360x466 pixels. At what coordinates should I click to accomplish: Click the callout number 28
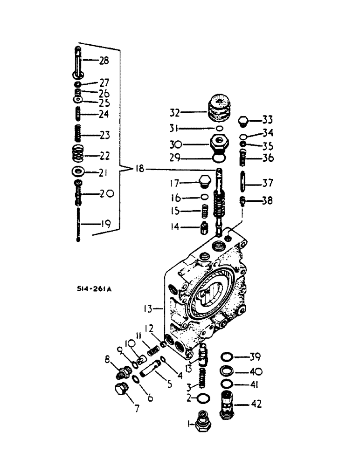tap(104, 61)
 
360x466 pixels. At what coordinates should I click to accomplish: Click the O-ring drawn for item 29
tap(218, 159)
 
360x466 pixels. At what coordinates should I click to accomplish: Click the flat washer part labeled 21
tap(77, 172)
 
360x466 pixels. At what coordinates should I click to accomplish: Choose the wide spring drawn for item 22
tap(78, 154)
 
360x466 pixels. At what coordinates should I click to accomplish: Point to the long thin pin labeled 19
tap(78, 224)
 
